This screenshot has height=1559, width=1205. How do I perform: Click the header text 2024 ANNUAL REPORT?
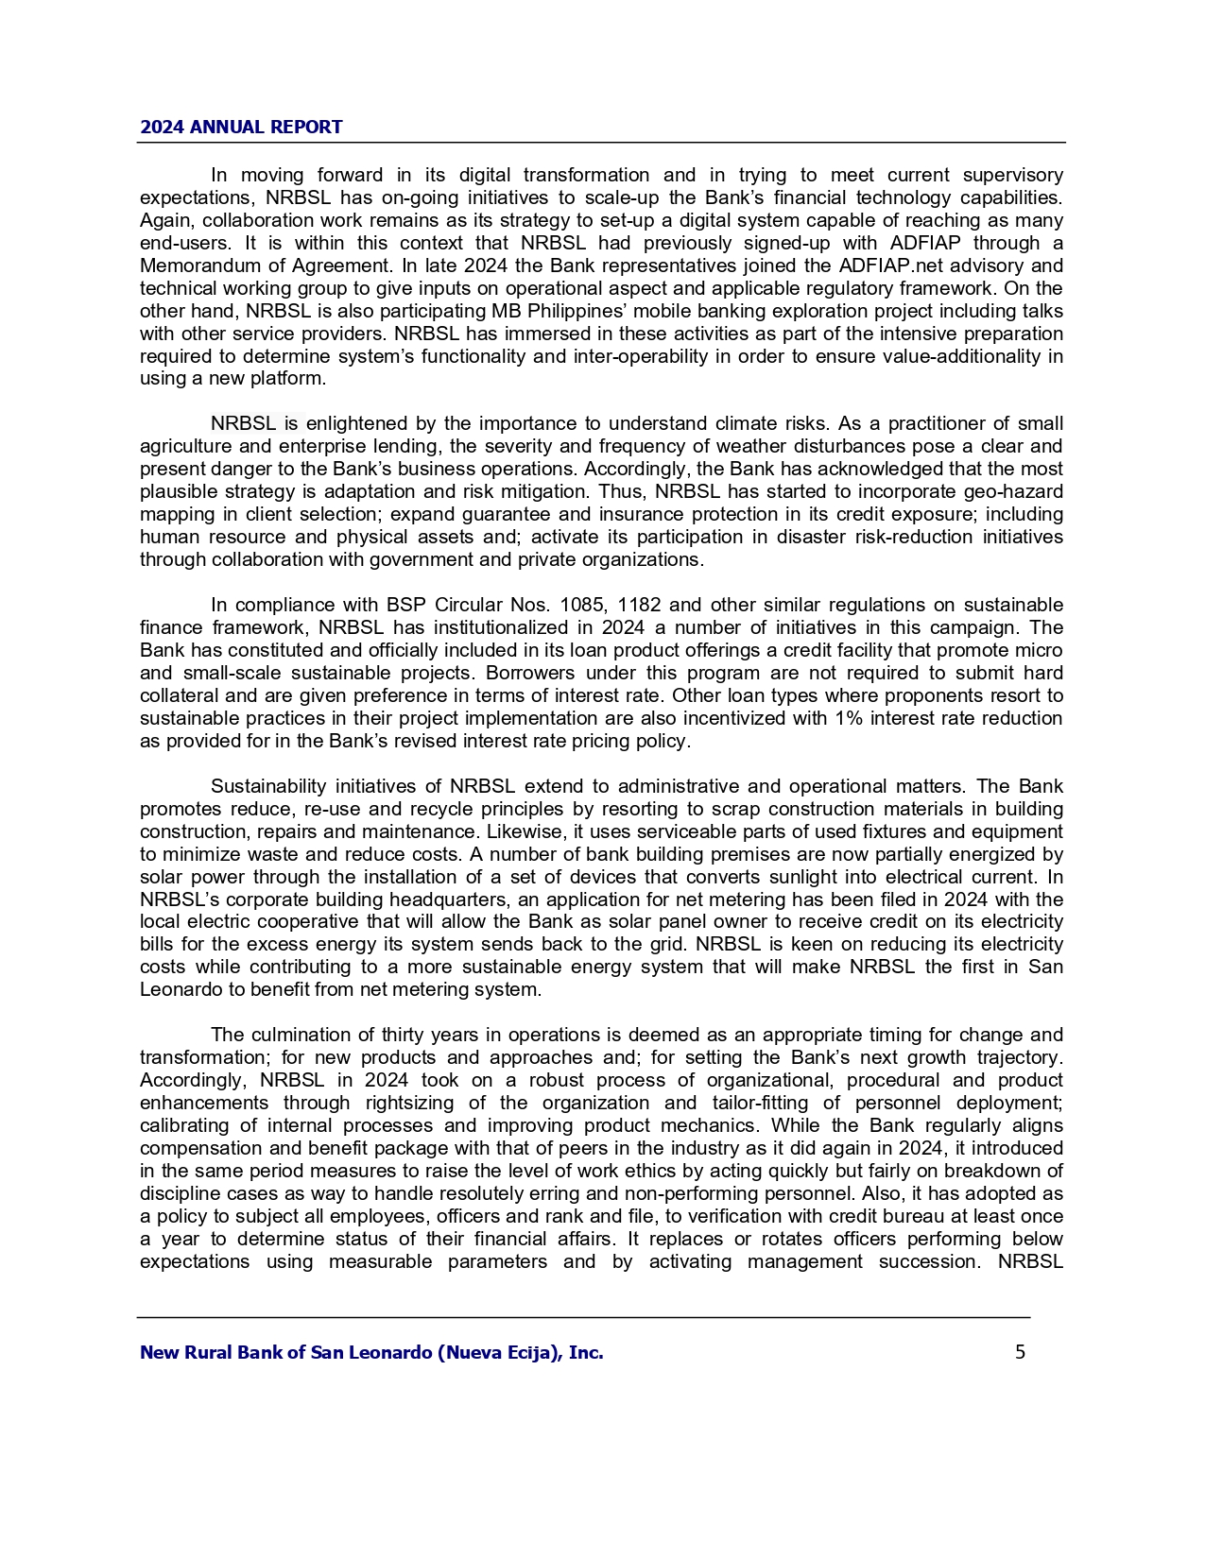[241, 127]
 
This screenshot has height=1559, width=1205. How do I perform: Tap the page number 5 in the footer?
[1020, 1352]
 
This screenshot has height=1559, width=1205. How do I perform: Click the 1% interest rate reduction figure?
[848, 718]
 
